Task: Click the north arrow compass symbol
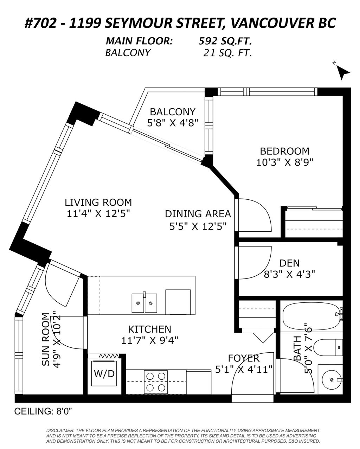343,72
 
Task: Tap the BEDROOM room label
284,151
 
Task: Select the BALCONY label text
172,112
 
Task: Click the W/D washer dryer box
104,373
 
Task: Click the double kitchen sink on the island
144,303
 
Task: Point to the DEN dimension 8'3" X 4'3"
289,274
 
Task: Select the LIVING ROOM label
98,203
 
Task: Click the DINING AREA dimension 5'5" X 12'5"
198,225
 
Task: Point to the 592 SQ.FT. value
225,41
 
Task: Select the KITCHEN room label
149,329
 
